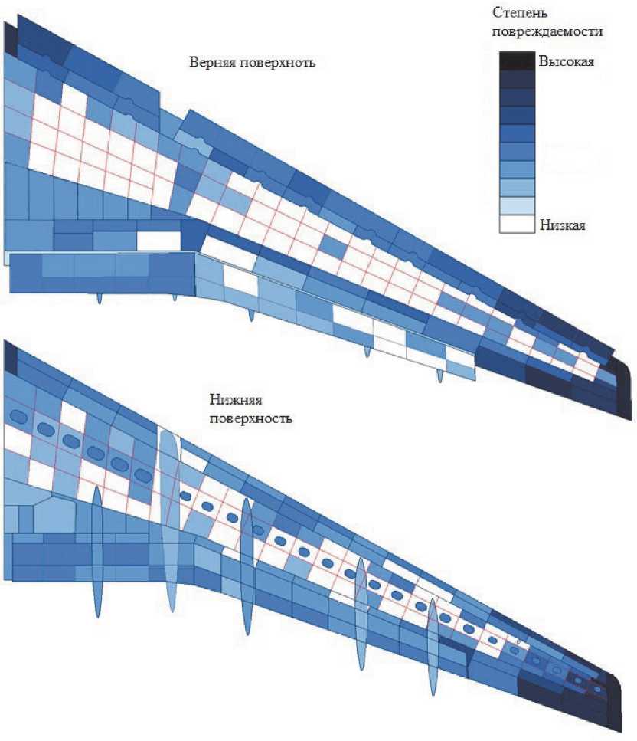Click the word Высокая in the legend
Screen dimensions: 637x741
point(566,61)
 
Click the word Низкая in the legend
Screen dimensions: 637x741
point(563,225)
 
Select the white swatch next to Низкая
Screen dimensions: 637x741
point(516,224)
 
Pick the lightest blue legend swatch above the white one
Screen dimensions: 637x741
point(516,205)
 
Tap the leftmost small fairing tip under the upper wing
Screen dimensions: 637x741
point(100,297)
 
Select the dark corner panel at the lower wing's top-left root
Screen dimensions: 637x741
point(10,356)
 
